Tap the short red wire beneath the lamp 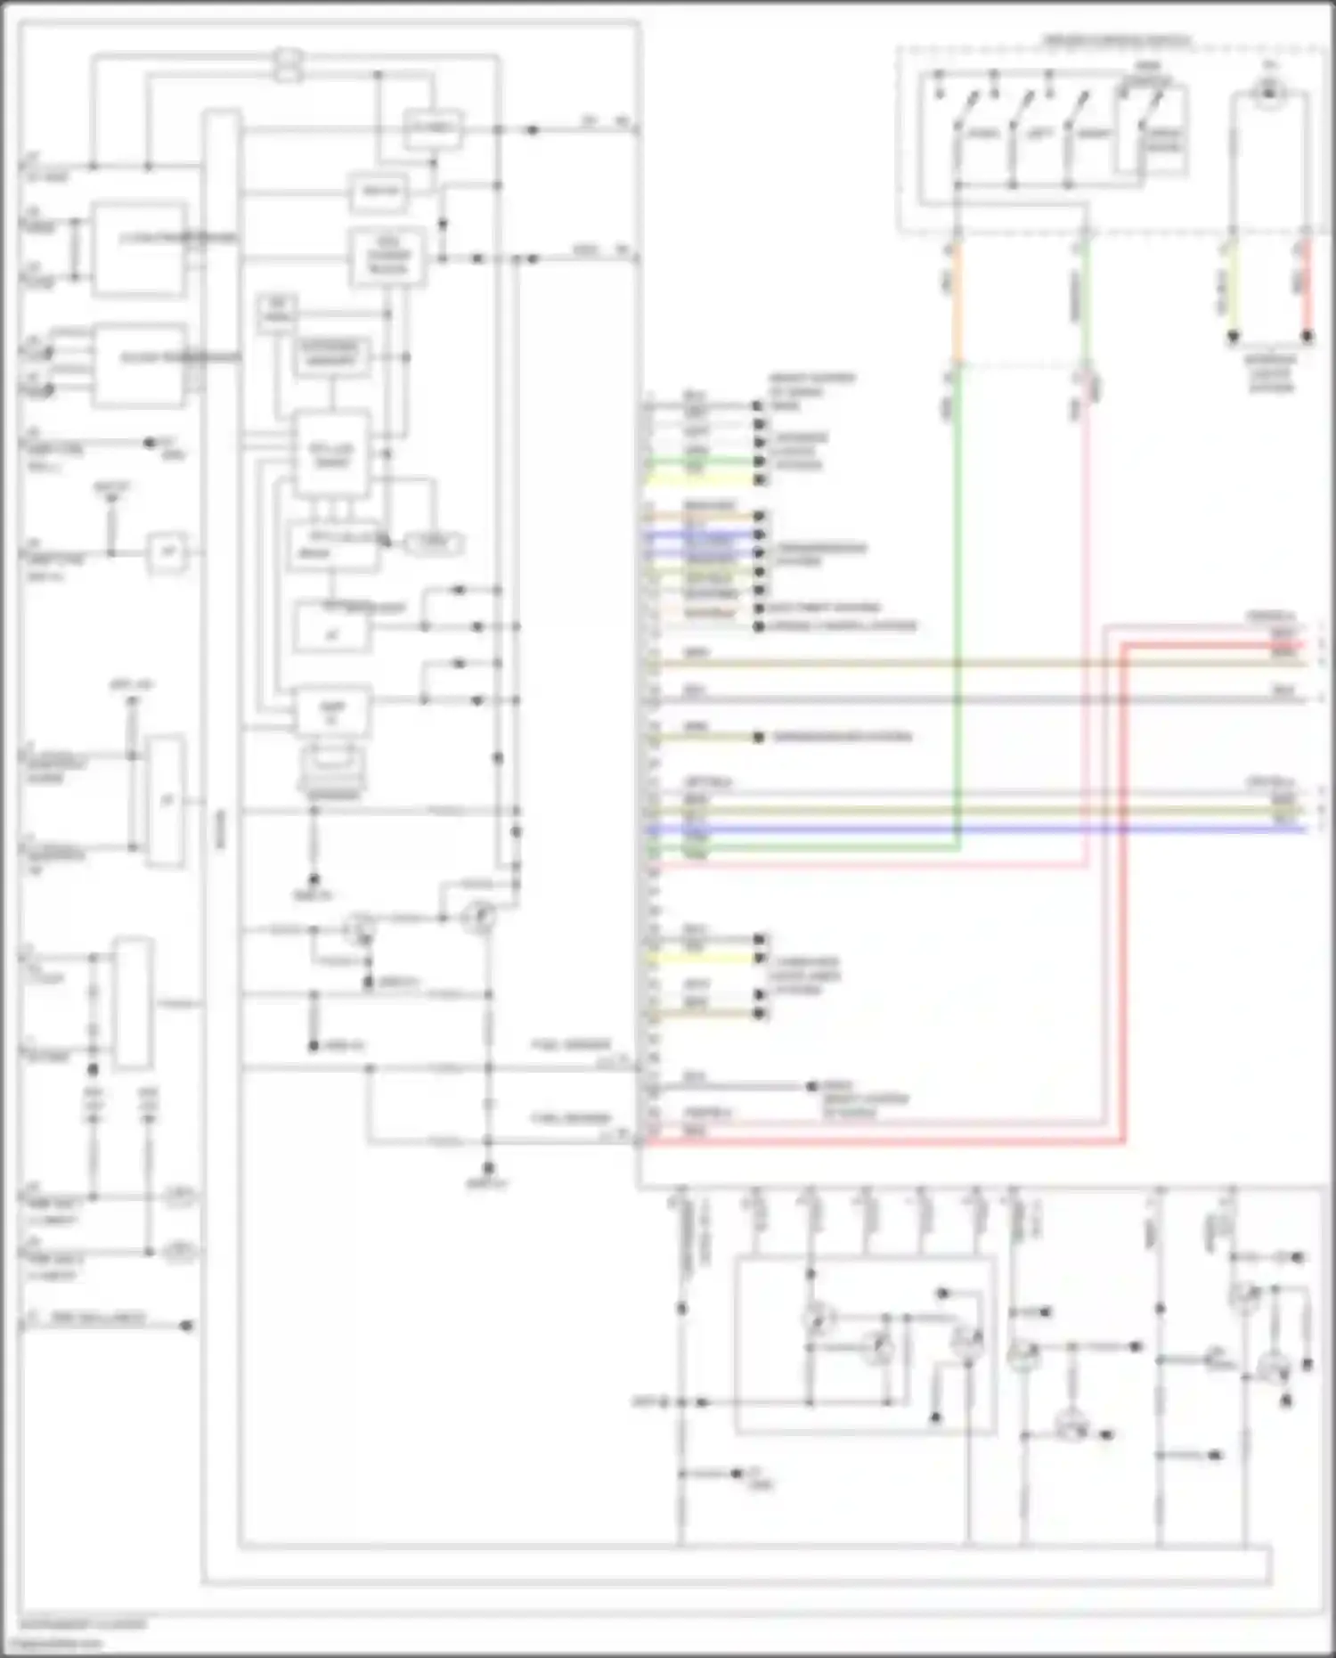tap(1307, 285)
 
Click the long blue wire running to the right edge tap(980, 829)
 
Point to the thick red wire tap(1124, 891)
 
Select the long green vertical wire tap(957, 606)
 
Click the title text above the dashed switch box tap(1116, 41)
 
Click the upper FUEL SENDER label tap(571, 1044)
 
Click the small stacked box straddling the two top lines tap(288, 64)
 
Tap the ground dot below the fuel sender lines tap(487, 1169)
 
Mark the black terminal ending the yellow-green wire tap(1233, 337)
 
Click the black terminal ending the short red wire tap(1307, 337)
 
